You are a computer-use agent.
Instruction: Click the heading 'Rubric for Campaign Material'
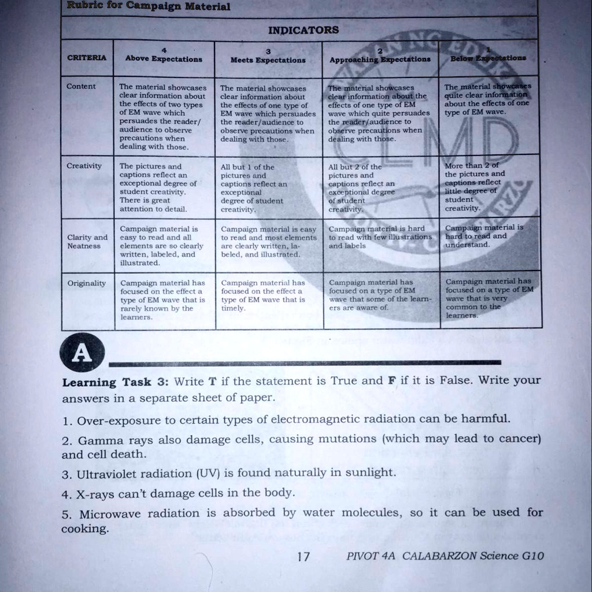149,6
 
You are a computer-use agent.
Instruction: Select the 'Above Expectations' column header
164,59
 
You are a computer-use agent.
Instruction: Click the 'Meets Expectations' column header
268,60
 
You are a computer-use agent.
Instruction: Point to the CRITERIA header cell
86,58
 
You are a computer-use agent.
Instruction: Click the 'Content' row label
81,87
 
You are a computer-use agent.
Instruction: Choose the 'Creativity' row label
84,166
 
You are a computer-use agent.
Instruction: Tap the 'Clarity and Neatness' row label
87,241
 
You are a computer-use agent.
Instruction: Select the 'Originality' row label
87,283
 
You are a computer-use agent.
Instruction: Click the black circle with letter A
84,354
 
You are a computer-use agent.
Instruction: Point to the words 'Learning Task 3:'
115,382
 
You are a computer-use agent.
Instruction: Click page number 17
303,557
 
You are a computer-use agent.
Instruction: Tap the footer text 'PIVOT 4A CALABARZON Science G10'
445,556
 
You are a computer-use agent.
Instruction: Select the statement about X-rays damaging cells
179,493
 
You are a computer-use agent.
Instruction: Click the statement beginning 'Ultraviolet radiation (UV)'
229,473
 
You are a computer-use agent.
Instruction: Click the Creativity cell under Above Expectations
163,187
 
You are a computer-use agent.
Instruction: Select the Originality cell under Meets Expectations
268,295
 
